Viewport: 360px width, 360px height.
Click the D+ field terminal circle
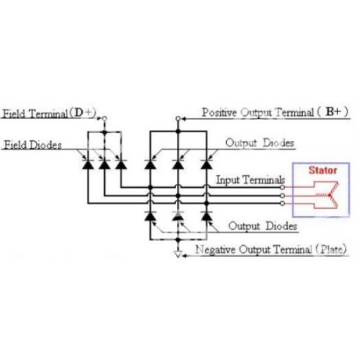[104, 118]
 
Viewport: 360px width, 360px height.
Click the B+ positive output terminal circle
[178, 119]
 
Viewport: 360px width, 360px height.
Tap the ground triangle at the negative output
[178, 254]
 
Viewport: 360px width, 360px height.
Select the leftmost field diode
[88, 164]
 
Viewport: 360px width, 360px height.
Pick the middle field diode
[104, 164]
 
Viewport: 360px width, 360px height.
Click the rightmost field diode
[121, 164]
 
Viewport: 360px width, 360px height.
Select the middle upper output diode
[178, 164]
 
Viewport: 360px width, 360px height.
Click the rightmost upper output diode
[207, 164]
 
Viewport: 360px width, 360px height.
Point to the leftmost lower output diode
[150, 216]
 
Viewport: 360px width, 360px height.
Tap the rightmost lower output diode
[207, 216]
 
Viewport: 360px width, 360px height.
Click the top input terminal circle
[283, 187]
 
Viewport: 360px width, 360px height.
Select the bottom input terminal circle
[283, 203]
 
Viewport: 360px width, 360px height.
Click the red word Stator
[322, 171]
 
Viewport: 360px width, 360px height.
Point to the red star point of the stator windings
[329, 195]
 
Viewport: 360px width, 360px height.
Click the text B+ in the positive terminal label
[333, 112]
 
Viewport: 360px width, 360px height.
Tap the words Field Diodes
[33, 145]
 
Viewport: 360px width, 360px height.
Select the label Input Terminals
[250, 180]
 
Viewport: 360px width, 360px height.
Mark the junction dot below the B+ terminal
[178, 131]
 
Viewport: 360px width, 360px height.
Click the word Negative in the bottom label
[216, 250]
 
